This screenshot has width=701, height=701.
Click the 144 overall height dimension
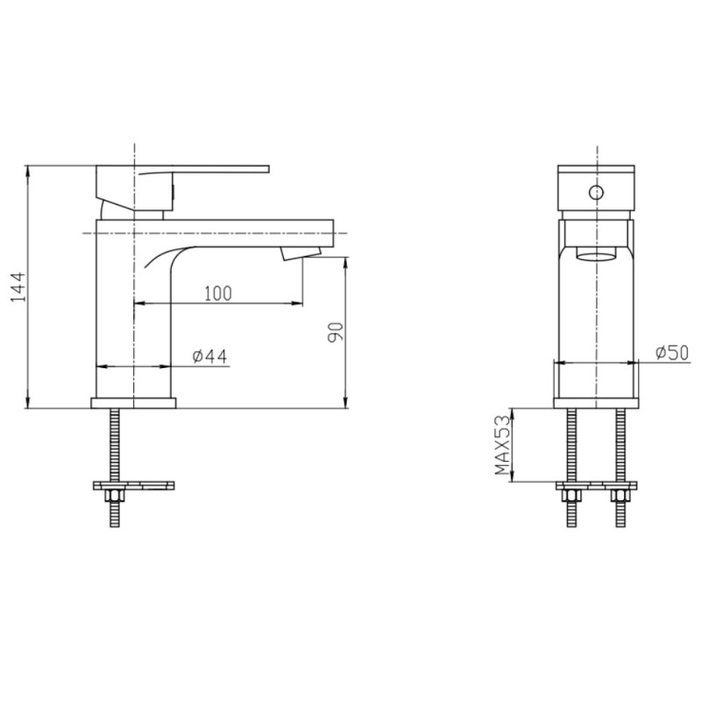18,287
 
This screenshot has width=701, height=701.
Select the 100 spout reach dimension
218,294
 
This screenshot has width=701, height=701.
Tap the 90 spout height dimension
336,332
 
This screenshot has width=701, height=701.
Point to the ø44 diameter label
209,357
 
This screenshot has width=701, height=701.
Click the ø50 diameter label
672,353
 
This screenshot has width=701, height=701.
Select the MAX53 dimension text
502,445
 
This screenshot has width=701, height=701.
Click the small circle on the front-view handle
596,193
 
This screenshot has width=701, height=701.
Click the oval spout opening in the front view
597,256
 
